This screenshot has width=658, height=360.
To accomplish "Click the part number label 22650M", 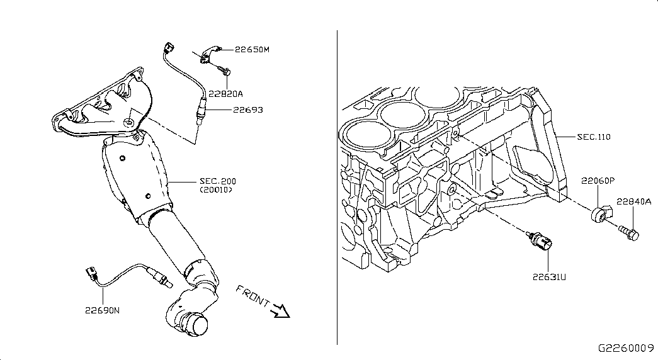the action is click(252, 50).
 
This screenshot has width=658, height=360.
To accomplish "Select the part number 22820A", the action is click(226, 94).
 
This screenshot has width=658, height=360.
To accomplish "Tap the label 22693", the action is click(248, 110).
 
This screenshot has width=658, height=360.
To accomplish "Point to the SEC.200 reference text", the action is click(218, 181).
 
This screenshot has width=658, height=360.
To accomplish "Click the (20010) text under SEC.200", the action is click(216, 189).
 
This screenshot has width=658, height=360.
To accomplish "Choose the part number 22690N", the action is click(103, 310).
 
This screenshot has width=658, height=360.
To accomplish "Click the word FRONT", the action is click(252, 295).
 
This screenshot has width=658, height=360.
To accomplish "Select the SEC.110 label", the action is click(594, 137).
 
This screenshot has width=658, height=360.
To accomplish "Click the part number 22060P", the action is click(598, 181).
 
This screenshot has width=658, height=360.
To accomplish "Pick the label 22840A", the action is click(633, 201).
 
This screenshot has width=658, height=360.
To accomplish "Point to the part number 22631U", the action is click(549, 277).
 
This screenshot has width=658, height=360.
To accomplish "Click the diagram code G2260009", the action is click(626, 348).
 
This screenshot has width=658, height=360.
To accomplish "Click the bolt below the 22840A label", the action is click(628, 232).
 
